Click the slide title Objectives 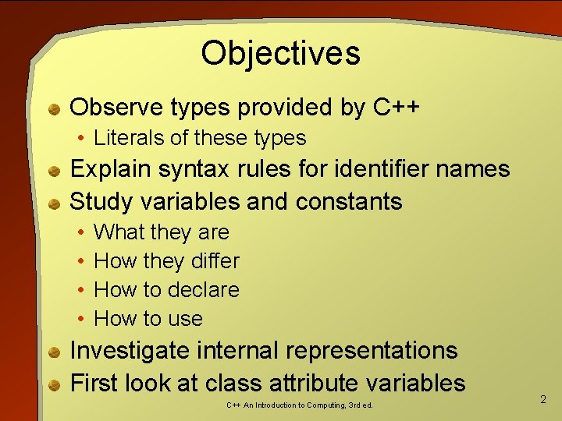280,54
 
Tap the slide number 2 543,399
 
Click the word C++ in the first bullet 397,107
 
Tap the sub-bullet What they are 161,232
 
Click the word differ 213,260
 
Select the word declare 203,289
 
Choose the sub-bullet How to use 148,318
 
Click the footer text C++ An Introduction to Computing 300,405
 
